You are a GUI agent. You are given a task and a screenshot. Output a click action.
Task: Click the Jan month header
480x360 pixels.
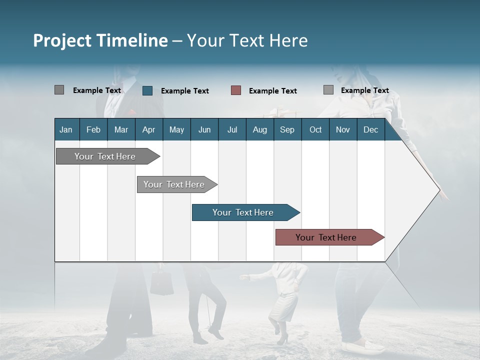click(66, 130)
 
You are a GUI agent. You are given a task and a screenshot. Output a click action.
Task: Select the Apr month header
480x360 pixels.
click(148, 130)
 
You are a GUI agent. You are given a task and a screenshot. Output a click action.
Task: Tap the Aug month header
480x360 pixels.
click(259, 130)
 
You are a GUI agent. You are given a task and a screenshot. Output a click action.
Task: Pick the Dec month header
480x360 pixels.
click(370, 130)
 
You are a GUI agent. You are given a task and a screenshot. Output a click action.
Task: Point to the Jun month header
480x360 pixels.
click(204, 130)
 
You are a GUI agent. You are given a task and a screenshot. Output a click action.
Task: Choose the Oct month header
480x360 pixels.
click(315, 130)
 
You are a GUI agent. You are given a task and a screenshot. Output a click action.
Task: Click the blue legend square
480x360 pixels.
click(147, 90)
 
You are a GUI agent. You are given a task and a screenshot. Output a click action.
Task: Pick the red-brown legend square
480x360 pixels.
click(236, 90)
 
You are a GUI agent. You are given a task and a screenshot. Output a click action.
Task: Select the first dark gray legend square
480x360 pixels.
click(59, 90)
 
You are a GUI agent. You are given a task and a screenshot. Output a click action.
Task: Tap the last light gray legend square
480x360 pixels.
click(328, 90)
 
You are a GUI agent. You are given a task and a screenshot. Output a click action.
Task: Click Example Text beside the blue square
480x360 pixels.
click(184, 91)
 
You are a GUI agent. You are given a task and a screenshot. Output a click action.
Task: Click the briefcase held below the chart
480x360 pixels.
click(161, 282)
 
